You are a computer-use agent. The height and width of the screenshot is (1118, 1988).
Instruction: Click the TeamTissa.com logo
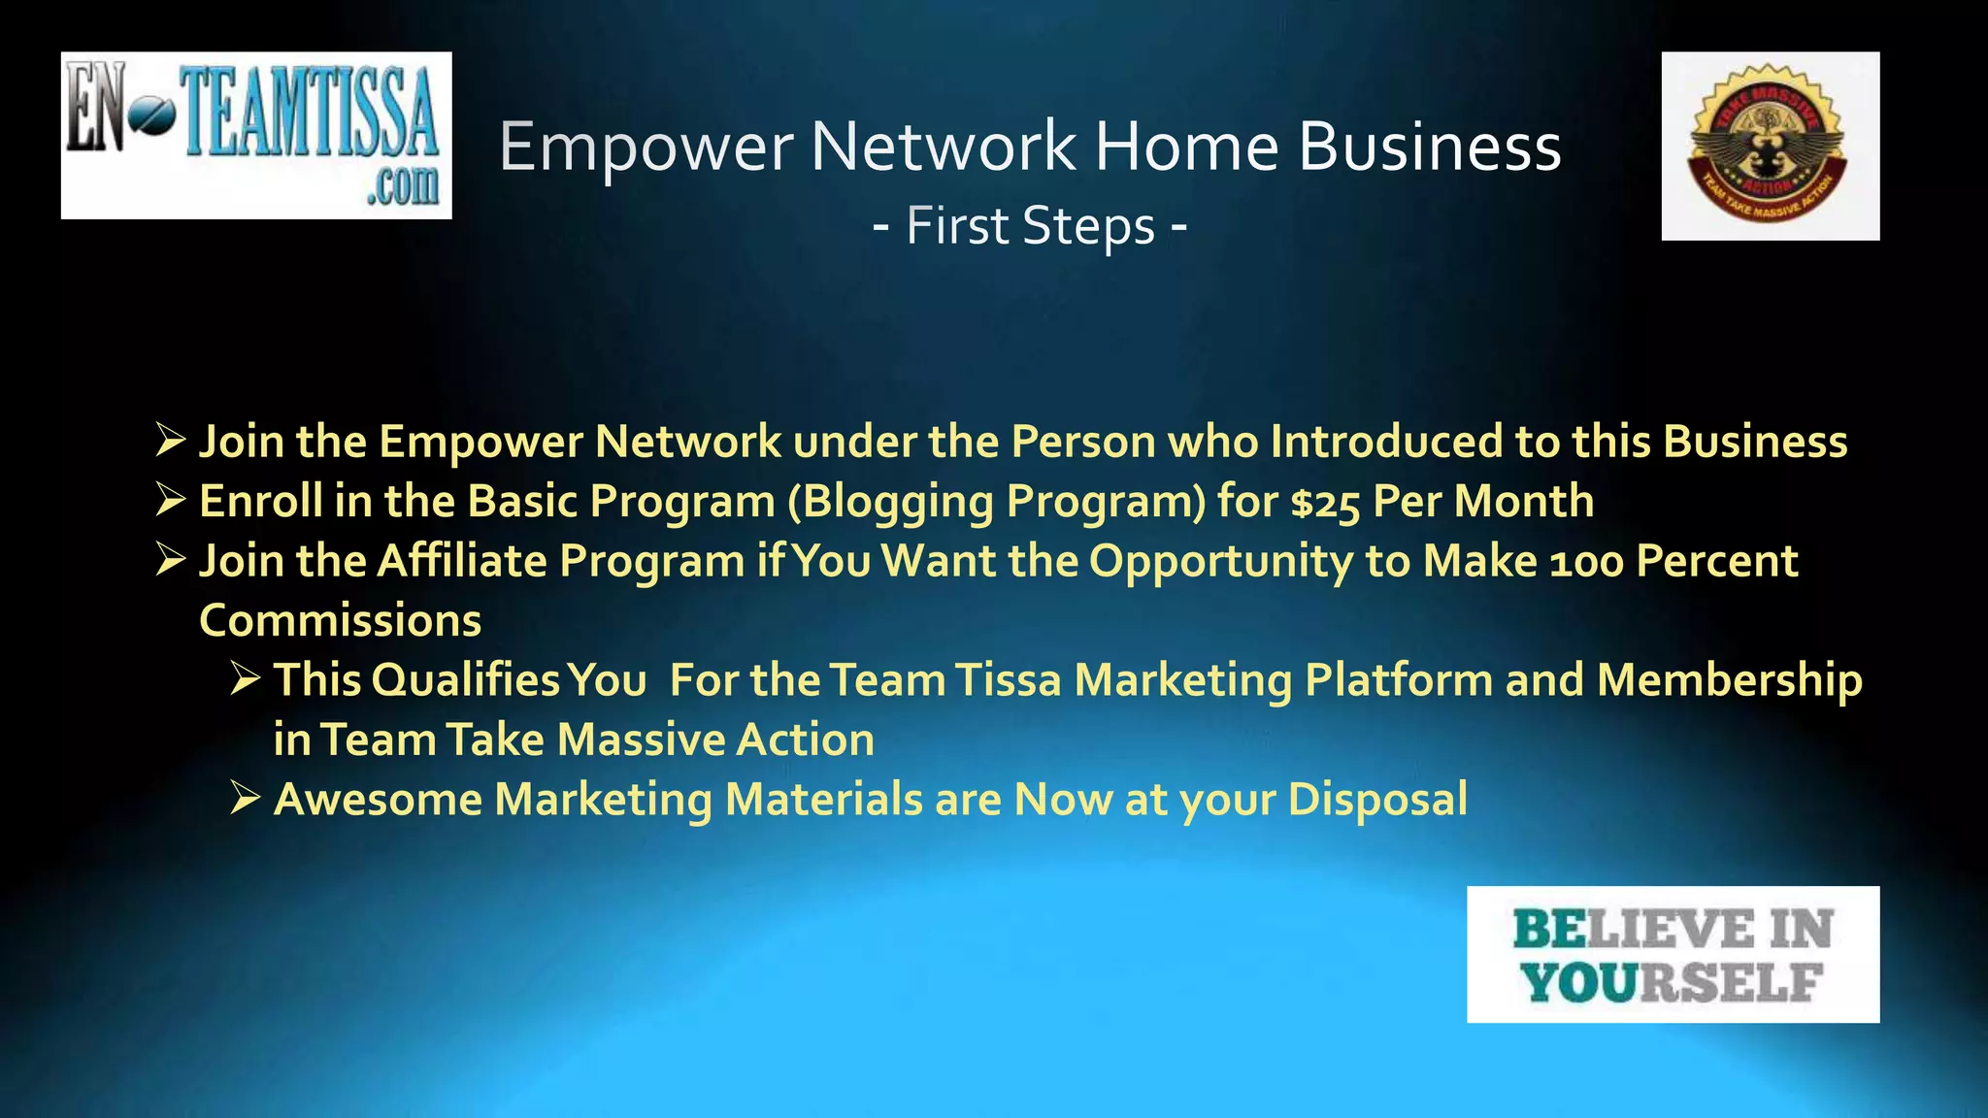(x=256, y=135)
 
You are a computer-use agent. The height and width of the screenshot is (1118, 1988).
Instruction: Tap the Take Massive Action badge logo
(x=1770, y=146)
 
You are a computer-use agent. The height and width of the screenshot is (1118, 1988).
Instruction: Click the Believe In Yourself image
(x=1673, y=954)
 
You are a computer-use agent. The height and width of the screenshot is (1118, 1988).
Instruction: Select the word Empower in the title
(x=646, y=147)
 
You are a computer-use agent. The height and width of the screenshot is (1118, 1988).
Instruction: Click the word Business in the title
(x=1429, y=147)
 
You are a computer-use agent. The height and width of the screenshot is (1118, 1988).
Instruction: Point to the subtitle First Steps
(x=1030, y=226)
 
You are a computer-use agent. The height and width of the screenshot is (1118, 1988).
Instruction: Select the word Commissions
(x=340, y=621)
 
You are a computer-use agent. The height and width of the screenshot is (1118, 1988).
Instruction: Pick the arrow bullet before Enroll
(x=171, y=500)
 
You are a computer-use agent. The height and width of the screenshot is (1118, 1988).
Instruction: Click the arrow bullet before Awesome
(x=246, y=799)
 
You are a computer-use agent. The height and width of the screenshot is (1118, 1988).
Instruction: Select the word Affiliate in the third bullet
(x=461, y=561)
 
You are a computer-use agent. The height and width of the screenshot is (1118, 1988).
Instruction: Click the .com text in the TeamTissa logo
(x=402, y=184)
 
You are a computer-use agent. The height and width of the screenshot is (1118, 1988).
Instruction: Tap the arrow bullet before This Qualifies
(x=246, y=679)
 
